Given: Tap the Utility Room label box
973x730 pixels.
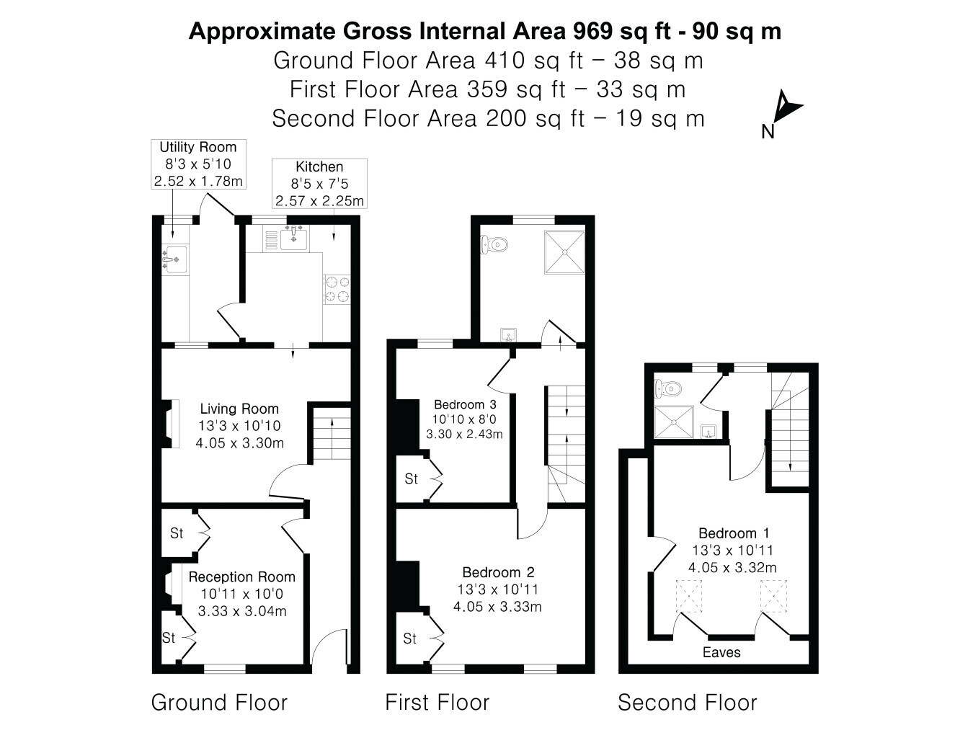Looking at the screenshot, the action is (x=198, y=164).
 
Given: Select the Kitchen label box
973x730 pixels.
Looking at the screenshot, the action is (x=319, y=184).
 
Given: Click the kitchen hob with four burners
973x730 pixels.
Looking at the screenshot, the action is (x=337, y=289).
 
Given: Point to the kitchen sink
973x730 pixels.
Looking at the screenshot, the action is (x=293, y=239).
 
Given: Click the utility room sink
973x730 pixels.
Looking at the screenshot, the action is (x=174, y=259).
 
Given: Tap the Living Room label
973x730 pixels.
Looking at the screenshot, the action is (x=239, y=425).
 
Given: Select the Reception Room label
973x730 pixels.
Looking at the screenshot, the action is (x=242, y=594).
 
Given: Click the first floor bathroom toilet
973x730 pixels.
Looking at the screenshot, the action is (x=494, y=244).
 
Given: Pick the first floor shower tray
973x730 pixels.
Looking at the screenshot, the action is (x=565, y=252).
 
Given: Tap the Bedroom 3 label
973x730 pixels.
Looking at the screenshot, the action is (x=465, y=419).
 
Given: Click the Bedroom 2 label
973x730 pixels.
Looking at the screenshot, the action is (x=498, y=589).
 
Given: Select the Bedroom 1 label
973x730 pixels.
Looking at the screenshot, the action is (x=733, y=550).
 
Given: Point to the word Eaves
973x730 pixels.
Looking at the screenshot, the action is (x=721, y=652).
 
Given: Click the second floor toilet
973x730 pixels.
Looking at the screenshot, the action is (x=668, y=388).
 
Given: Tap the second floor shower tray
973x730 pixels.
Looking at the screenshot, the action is (x=674, y=422).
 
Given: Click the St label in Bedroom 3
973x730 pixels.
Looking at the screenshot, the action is (x=411, y=478).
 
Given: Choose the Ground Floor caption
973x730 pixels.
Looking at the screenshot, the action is (x=219, y=703).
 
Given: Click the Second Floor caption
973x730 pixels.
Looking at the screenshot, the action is (x=688, y=703).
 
